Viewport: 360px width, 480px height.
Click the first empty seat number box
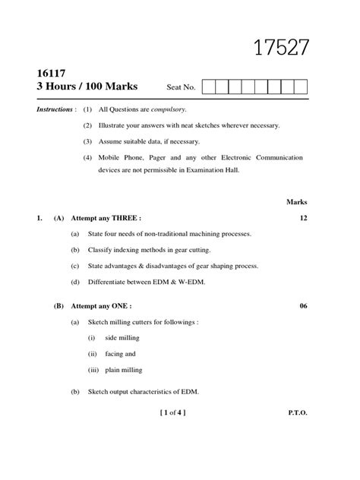coord(209,87)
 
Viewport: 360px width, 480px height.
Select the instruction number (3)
coord(87,141)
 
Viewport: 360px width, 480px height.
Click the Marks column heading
coord(296,202)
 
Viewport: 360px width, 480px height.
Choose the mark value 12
coord(303,218)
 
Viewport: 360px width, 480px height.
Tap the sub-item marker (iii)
coord(92,370)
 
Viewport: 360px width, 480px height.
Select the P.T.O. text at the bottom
coord(297,413)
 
